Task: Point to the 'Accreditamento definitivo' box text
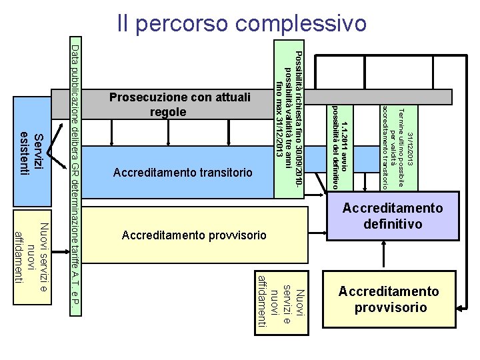393,216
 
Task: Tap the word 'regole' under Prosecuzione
167,113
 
